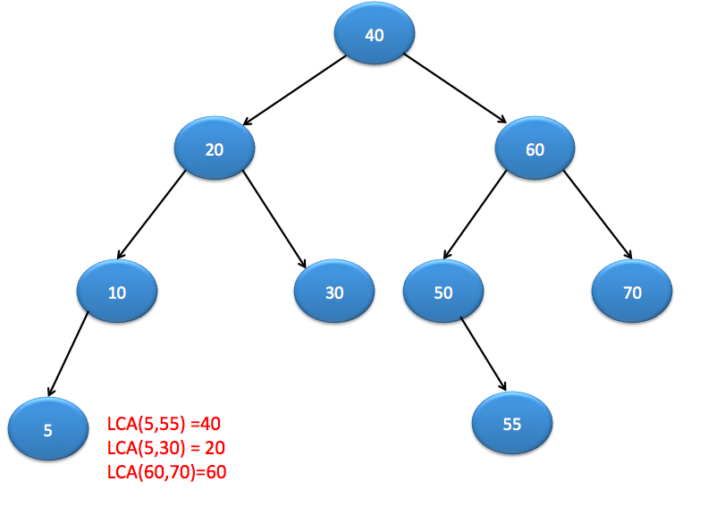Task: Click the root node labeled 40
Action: [375, 35]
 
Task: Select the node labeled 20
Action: [215, 149]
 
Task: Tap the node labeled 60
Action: [535, 149]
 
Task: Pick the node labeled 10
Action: [117, 292]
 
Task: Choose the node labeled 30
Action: [334, 292]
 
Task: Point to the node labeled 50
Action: [443, 292]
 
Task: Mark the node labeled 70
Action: [632, 292]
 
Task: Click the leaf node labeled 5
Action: [47, 430]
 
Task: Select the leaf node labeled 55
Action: [512, 424]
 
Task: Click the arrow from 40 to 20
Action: [294, 90]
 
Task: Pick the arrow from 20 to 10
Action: [151, 214]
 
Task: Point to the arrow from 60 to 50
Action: [475, 214]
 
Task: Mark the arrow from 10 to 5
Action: [69, 353]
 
